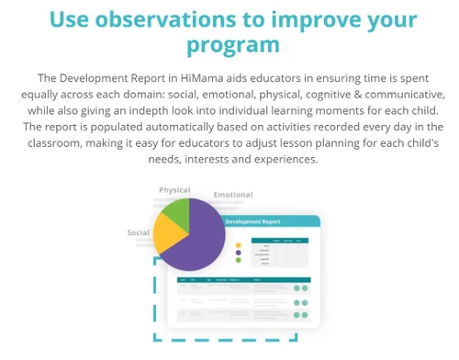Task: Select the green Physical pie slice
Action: pos(174,213)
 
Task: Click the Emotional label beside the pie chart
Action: pos(233,195)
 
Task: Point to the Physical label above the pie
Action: pos(174,190)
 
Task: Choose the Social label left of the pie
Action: pos(138,232)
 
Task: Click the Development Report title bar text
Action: pos(252,222)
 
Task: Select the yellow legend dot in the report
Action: pos(239,245)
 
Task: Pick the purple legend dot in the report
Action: pos(239,253)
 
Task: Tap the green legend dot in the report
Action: pos(239,260)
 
